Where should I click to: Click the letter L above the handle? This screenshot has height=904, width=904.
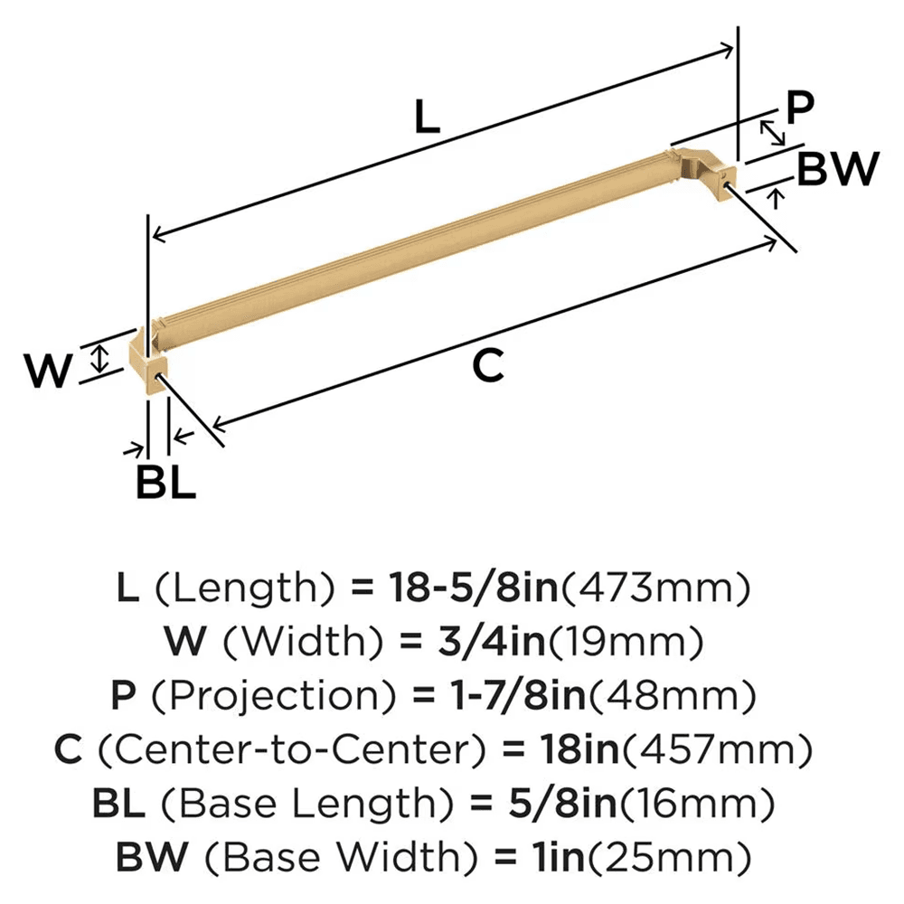pyautogui.click(x=427, y=118)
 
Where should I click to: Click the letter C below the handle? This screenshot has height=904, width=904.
pyautogui.click(x=487, y=366)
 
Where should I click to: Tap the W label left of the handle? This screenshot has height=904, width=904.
pyautogui.click(x=46, y=372)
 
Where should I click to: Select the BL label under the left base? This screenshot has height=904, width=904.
pyautogui.click(x=165, y=482)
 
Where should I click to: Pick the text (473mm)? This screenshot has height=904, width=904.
pyautogui.click(x=657, y=589)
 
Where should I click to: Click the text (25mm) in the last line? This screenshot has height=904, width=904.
pyautogui.click(x=687, y=854)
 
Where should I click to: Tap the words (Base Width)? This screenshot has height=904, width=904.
pyautogui.click(x=310, y=854)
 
